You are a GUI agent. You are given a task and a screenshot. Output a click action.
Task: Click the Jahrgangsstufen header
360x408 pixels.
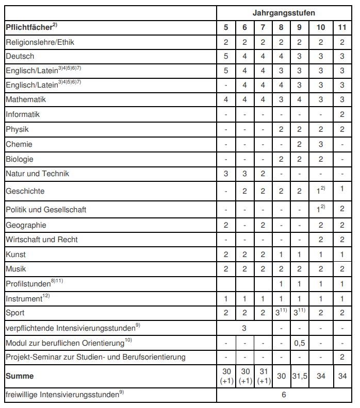click(x=284, y=12)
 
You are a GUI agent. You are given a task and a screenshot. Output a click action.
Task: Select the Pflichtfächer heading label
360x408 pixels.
click(x=31, y=27)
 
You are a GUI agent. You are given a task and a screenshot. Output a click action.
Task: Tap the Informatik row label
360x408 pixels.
click(x=23, y=114)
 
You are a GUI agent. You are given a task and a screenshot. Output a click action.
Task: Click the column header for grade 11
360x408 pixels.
click(x=342, y=27)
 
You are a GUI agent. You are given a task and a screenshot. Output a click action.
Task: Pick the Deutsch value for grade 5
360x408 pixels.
click(x=226, y=56)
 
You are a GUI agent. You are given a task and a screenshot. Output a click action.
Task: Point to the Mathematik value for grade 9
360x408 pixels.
click(x=299, y=100)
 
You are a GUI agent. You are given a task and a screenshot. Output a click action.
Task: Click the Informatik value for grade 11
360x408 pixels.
click(x=342, y=114)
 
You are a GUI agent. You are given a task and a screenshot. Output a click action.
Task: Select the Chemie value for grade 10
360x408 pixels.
click(x=321, y=144)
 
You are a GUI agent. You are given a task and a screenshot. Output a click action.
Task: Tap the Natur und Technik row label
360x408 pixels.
click(x=37, y=174)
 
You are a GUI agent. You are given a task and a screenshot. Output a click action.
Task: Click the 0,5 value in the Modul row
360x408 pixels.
click(x=299, y=343)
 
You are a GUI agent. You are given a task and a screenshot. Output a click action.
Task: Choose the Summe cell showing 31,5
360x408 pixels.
click(x=299, y=377)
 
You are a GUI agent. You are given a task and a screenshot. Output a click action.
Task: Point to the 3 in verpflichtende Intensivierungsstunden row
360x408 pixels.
click(x=244, y=328)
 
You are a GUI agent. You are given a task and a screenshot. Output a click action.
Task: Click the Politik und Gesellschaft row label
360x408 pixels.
click(x=46, y=210)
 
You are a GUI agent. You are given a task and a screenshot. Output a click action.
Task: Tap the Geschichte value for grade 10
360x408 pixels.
click(x=320, y=191)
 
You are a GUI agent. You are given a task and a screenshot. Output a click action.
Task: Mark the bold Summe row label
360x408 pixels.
click(x=20, y=377)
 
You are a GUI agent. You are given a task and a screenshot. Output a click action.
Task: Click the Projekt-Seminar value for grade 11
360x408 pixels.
click(x=342, y=357)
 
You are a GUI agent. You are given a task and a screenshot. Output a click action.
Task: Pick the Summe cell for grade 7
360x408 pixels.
click(x=263, y=377)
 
